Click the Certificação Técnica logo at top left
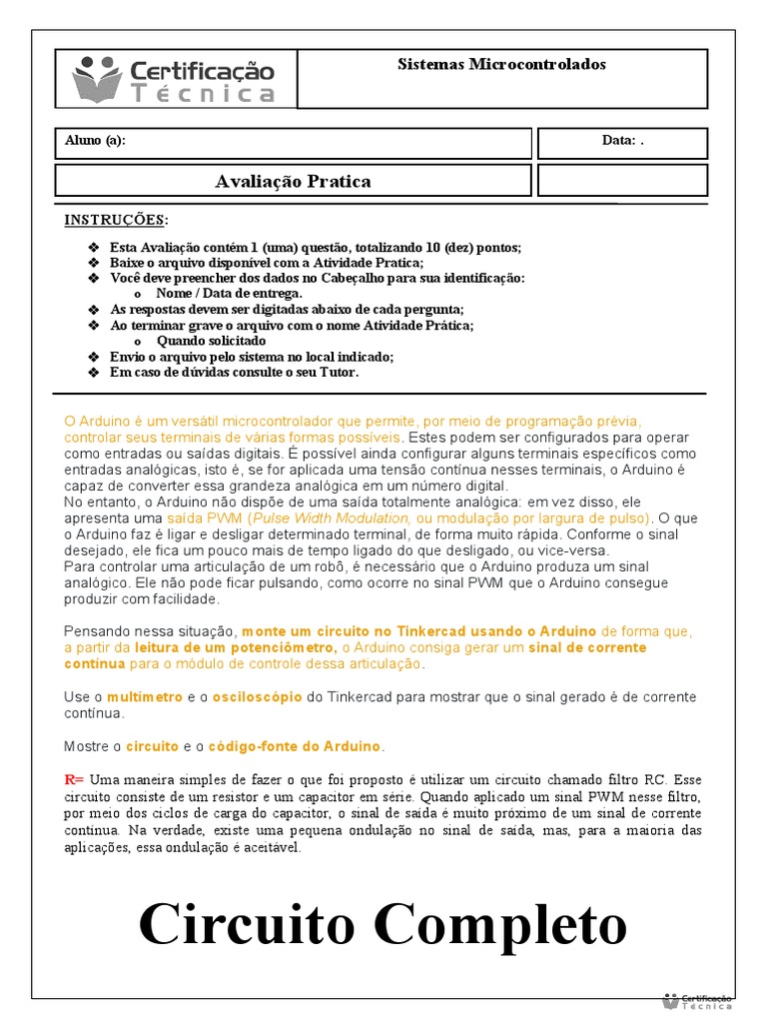[x=174, y=79]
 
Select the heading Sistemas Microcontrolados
[x=501, y=65]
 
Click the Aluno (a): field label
[x=95, y=141]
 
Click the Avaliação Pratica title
[x=293, y=181]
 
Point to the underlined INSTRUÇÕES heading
[x=116, y=220]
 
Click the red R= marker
[x=74, y=779]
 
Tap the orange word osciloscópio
[x=256, y=696]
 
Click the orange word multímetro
[x=145, y=696]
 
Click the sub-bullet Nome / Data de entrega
[x=229, y=294]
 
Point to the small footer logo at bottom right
[x=698, y=1000]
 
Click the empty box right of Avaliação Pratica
[x=622, y=181]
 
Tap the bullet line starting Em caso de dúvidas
[x=234, y=373]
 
